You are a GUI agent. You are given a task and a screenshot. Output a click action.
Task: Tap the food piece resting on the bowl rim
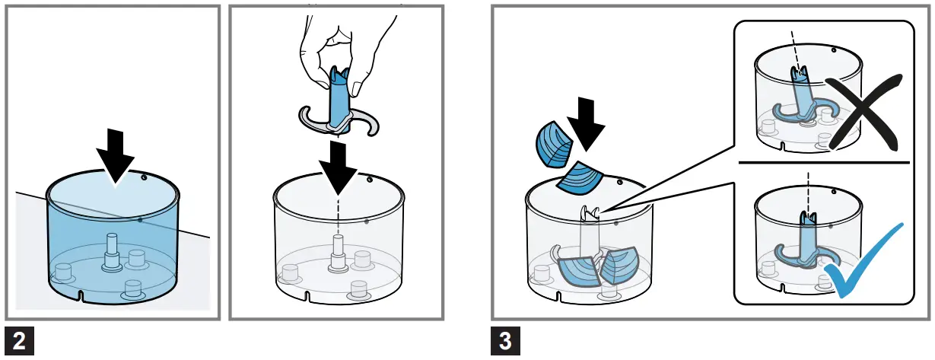(579, 177)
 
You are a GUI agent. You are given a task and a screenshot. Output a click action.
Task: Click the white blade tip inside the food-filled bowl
(589, 214)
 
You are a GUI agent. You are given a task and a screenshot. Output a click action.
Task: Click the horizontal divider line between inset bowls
(822, 162)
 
